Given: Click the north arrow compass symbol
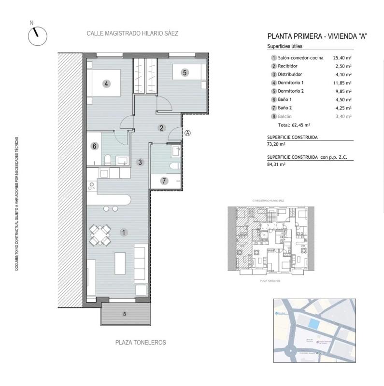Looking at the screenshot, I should click(37, 36).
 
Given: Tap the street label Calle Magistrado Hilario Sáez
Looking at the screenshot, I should click(132, 34).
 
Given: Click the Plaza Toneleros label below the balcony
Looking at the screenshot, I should click(141, 342).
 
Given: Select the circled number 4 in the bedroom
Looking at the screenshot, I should click(107, 83).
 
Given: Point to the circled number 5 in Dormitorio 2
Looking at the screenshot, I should click(184, 73).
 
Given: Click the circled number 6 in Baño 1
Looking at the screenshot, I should click(95, 146).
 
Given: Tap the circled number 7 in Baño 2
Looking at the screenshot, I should click(164, 181).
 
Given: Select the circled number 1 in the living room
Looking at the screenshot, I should click(124, 233).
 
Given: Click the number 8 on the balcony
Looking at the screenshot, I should click(125, 314).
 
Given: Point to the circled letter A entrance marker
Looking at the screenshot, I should click(188, 133).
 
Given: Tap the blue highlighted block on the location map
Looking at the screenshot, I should click(314, 325).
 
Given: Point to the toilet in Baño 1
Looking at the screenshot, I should click(109, 160).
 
